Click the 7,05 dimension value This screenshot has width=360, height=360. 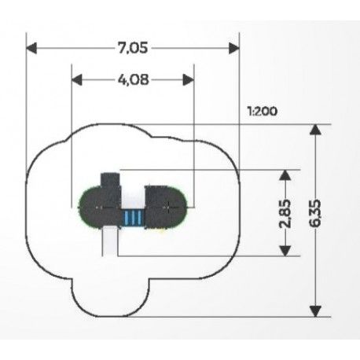(133, 48)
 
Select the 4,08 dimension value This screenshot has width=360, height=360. (134, 79)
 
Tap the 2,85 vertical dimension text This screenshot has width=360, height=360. (285, 214)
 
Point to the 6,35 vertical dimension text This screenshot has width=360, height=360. (315, 213)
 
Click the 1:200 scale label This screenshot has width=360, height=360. (263, 112)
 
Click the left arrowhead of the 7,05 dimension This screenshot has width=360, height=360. (31, 49)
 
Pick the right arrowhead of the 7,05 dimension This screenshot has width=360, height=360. (234, 49)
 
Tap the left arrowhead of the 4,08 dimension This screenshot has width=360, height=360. (77, 80)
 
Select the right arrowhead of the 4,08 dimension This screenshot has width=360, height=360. (189, 80)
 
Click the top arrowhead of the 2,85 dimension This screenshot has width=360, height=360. (285, 175)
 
